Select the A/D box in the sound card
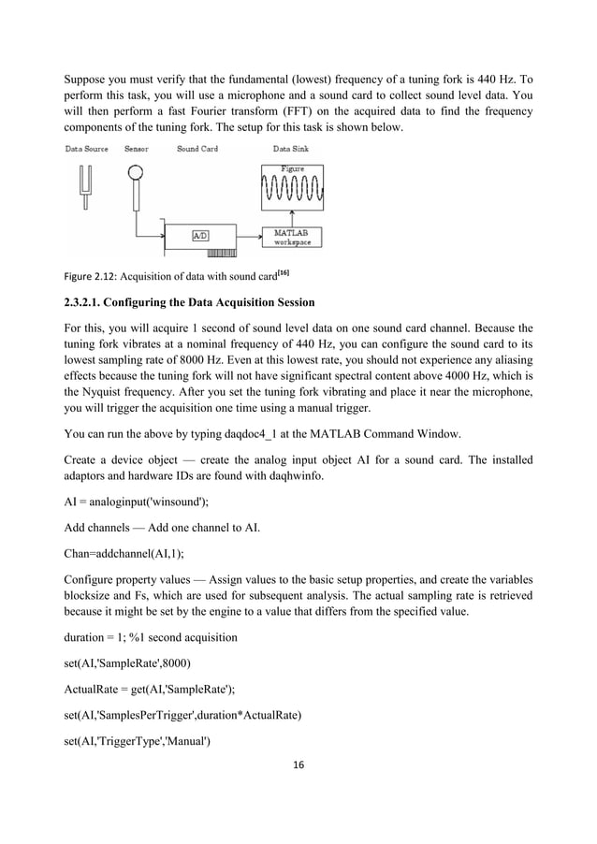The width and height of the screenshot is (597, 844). coord(200,236)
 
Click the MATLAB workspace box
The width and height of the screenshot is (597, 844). coord(293,237)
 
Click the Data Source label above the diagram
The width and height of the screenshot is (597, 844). coord(86,148)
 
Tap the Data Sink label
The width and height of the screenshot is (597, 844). coord(293,148)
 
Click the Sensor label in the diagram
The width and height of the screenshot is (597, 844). coord(137,148)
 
